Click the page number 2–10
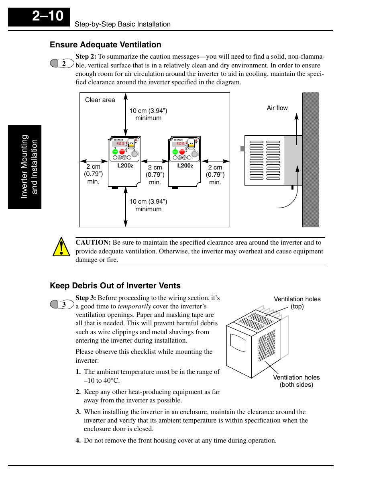tap(47, 16)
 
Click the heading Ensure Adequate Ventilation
tap(105, 45)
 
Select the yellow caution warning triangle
tap(61, 247)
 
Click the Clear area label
tap(100, 100)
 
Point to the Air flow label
tap(277, 108)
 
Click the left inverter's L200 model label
tap(125, 165)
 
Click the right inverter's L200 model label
tap(185, 165)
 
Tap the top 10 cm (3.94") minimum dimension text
tap(148, 114)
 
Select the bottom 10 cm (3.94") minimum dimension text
tap(148, 205)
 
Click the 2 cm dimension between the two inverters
tap(155, 175)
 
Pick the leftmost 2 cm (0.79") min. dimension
tap(93, 174)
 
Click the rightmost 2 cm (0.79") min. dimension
tap(215, 175)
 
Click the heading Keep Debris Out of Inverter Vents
tap(115, 286)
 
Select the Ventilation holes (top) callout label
tap(297, 302)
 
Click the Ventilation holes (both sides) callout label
tap(296, 381)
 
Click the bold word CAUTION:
tap(93, 243)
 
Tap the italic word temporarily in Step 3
tap(134, 306)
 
